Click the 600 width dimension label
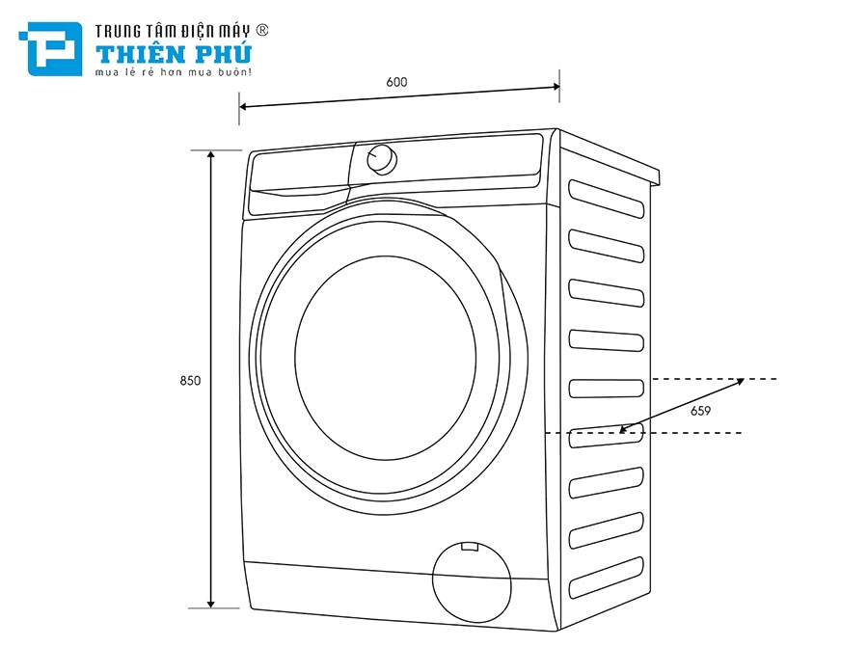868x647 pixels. click(396, 82)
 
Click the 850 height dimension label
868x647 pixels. click(190, 381)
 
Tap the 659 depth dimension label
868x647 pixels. click(701, 411)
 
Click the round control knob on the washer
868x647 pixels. click(381, 160)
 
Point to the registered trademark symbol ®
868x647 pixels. click(261, 31)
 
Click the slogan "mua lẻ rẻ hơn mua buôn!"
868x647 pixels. click(173, 72)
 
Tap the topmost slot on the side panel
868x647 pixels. click(606, 197)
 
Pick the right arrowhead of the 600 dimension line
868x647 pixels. click(556, 88)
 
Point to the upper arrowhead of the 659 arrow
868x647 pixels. click(740, 381)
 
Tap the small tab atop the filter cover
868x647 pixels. click(470, 547)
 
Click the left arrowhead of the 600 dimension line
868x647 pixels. click(243, 106)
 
